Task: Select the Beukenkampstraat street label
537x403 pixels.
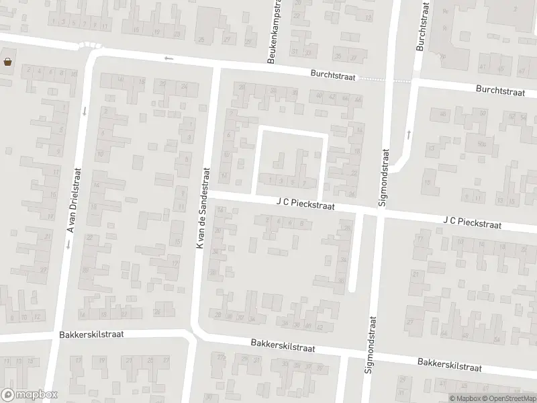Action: click(x=275, y=32)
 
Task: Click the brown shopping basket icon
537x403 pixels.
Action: click(x=7, y=62)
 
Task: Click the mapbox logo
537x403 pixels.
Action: click(x=29, y=394)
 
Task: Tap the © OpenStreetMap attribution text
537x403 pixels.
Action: click(x=503, y=398)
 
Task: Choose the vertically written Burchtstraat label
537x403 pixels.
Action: click(x=422, y=25)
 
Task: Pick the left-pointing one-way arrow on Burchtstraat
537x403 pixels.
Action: click(x=168, y=59)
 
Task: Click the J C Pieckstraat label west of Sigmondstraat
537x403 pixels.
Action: click(x=305, y=202)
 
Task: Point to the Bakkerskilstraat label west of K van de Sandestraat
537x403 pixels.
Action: click(x=91, y=334)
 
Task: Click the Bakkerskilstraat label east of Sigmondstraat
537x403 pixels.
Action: click(x=449, y=365)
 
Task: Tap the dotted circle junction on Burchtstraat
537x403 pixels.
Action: click(x=90, y=46)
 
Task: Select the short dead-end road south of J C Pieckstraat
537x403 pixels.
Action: click(x=353, y=252)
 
